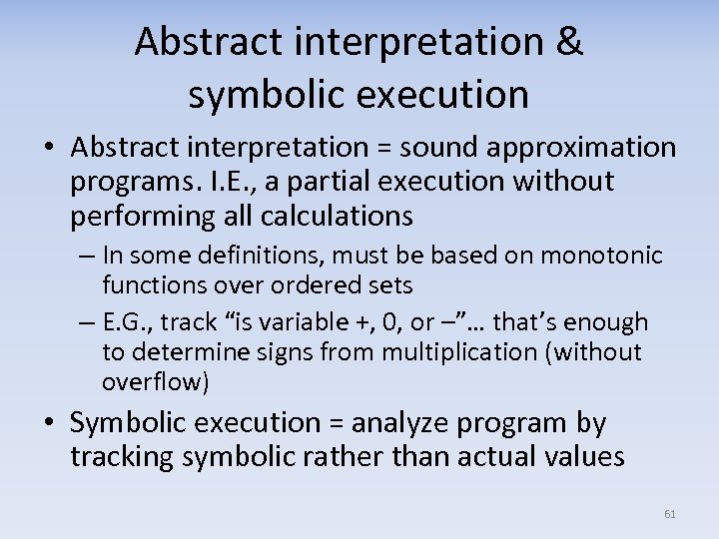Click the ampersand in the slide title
coord(565,42)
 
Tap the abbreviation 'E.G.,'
coord(127,322)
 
